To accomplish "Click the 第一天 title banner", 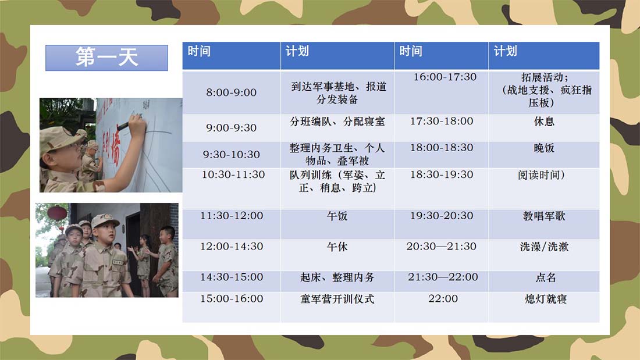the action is click(106, 58).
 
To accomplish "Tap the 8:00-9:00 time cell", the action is click(232, 92).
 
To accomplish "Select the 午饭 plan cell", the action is click(337, 224).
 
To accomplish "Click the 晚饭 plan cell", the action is click(543, 154).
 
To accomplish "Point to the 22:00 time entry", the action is click(443, 299).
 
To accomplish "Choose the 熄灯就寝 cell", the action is click(543, 306).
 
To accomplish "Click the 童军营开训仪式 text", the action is click(337, 299).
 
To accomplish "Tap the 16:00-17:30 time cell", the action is click(441, 92).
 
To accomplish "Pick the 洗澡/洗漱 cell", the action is click(543, 255).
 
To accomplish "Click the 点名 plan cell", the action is click(543, 281).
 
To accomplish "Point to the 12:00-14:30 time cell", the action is click(232, 255).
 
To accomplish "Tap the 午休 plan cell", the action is click(337, 255).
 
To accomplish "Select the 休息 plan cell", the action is click(543, 128).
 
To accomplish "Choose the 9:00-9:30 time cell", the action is click(232, 128).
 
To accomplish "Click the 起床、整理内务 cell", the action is click(337, 281).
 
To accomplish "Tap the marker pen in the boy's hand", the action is click(123, 126).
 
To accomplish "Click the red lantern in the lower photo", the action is click(57, 213).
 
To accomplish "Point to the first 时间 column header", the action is click(232, 55).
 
